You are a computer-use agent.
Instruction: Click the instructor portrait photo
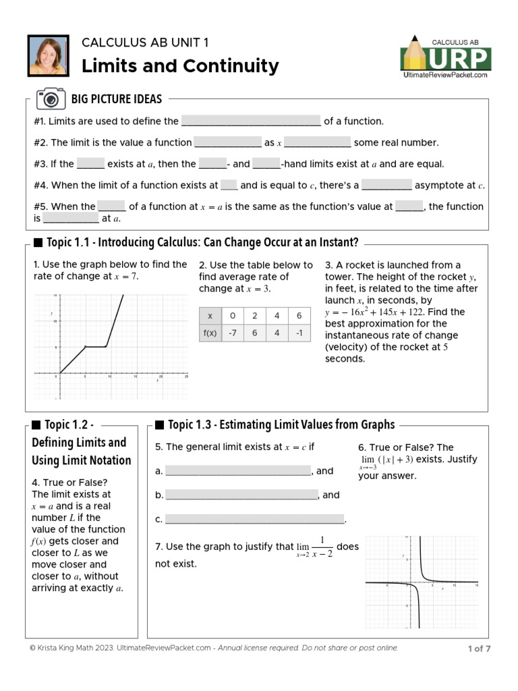click(x=48, y=56)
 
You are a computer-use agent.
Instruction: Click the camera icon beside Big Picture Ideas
click(x=51, y=99)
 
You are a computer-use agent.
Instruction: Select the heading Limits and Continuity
click(x=180, y=66)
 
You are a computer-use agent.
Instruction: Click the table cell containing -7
click(x=232, y=333)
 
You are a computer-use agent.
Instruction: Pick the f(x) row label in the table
click(x=210, y=333)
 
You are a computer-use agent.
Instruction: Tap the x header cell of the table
click(x=210, y=316)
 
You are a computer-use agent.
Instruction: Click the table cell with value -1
click(x=299, y=333)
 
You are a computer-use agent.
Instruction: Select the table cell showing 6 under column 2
click(x=254, y=333)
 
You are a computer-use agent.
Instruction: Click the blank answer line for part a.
click(x=238, y=471)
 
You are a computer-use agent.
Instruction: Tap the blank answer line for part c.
click(x=254, y=519)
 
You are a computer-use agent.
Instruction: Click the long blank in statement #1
click(x=251, y=122)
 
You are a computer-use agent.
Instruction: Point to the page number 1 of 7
click(x=479, y=649)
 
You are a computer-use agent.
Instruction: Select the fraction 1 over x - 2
click(x=322, y=547)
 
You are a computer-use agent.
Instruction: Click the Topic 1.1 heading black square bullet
click(x=38, y=243)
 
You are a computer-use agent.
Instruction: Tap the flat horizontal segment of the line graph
click(x=96, y=346)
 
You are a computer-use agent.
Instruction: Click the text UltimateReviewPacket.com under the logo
click(x=445, y=75)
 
